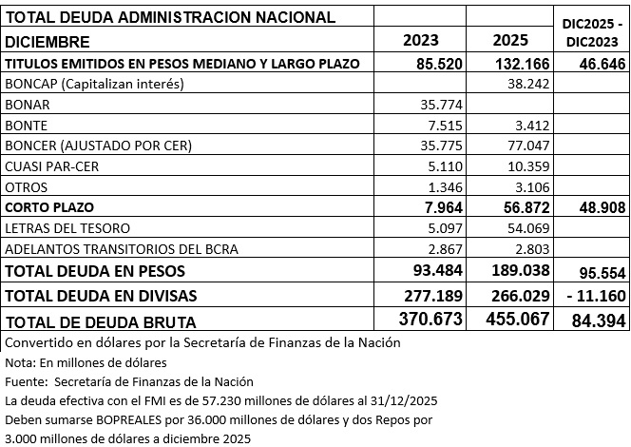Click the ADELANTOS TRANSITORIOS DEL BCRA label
[120, 249]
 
